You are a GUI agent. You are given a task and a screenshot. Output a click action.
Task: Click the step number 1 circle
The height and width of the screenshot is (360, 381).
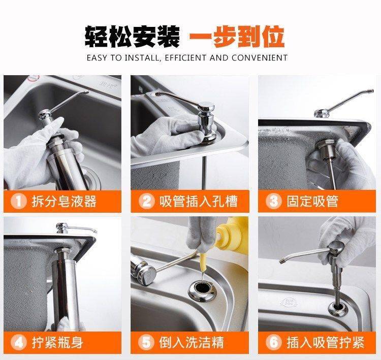18,202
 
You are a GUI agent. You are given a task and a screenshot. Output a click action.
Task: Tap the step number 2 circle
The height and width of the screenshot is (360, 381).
146,202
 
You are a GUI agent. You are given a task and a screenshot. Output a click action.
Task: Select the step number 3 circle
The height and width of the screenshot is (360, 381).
274,202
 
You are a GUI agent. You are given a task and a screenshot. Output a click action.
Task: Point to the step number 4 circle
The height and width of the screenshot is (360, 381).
18,343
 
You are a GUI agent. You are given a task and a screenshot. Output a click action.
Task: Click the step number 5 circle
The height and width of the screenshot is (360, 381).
146,343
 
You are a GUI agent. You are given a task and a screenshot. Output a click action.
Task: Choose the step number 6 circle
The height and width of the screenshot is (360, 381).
274,343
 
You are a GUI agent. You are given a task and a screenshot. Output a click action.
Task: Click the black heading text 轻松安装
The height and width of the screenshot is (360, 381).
132,37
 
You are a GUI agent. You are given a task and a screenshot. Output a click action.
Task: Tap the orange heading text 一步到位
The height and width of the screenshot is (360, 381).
237,37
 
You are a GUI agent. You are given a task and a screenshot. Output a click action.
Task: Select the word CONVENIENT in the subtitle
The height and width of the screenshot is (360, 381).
260,58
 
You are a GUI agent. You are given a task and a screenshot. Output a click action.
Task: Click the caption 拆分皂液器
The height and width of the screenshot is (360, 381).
64,202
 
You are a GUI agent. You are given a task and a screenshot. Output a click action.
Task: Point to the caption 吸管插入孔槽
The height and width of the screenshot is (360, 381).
199,202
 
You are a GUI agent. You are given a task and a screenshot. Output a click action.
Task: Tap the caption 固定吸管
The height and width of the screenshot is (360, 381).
312,202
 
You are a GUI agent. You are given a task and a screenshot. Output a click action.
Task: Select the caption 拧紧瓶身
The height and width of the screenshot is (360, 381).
57,343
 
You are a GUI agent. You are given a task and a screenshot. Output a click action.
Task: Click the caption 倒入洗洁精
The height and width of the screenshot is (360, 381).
192,343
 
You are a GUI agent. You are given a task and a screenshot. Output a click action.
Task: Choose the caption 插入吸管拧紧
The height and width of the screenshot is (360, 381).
326,343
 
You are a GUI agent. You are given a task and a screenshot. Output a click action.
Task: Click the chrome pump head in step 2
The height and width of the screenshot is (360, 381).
206,121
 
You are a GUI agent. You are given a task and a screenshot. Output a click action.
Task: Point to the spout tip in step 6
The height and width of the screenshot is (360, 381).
282,261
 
